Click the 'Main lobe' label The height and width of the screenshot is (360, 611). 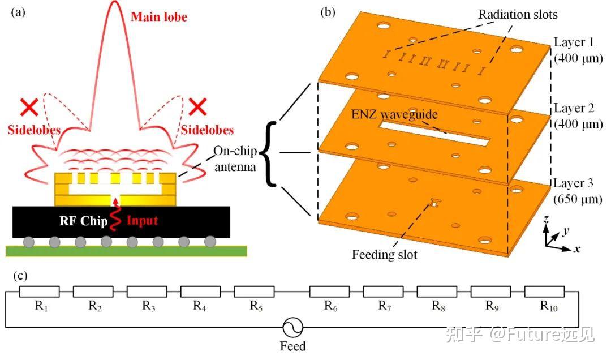coord(158,17)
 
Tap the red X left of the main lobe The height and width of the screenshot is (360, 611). coord(28,107)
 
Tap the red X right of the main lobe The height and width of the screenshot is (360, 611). coord(197,106)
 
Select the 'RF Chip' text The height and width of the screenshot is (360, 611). coord(83,221)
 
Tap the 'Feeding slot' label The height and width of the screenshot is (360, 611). coord(384,255)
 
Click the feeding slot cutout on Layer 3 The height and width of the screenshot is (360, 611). coord(434,202)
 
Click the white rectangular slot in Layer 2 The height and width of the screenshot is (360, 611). coord(436,134)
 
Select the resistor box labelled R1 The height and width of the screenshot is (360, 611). coord(40,292)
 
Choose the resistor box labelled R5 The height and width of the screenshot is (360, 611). coord(254,292)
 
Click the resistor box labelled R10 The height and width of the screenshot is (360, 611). coord(544,292)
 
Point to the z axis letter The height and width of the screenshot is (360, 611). coord(544,220)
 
